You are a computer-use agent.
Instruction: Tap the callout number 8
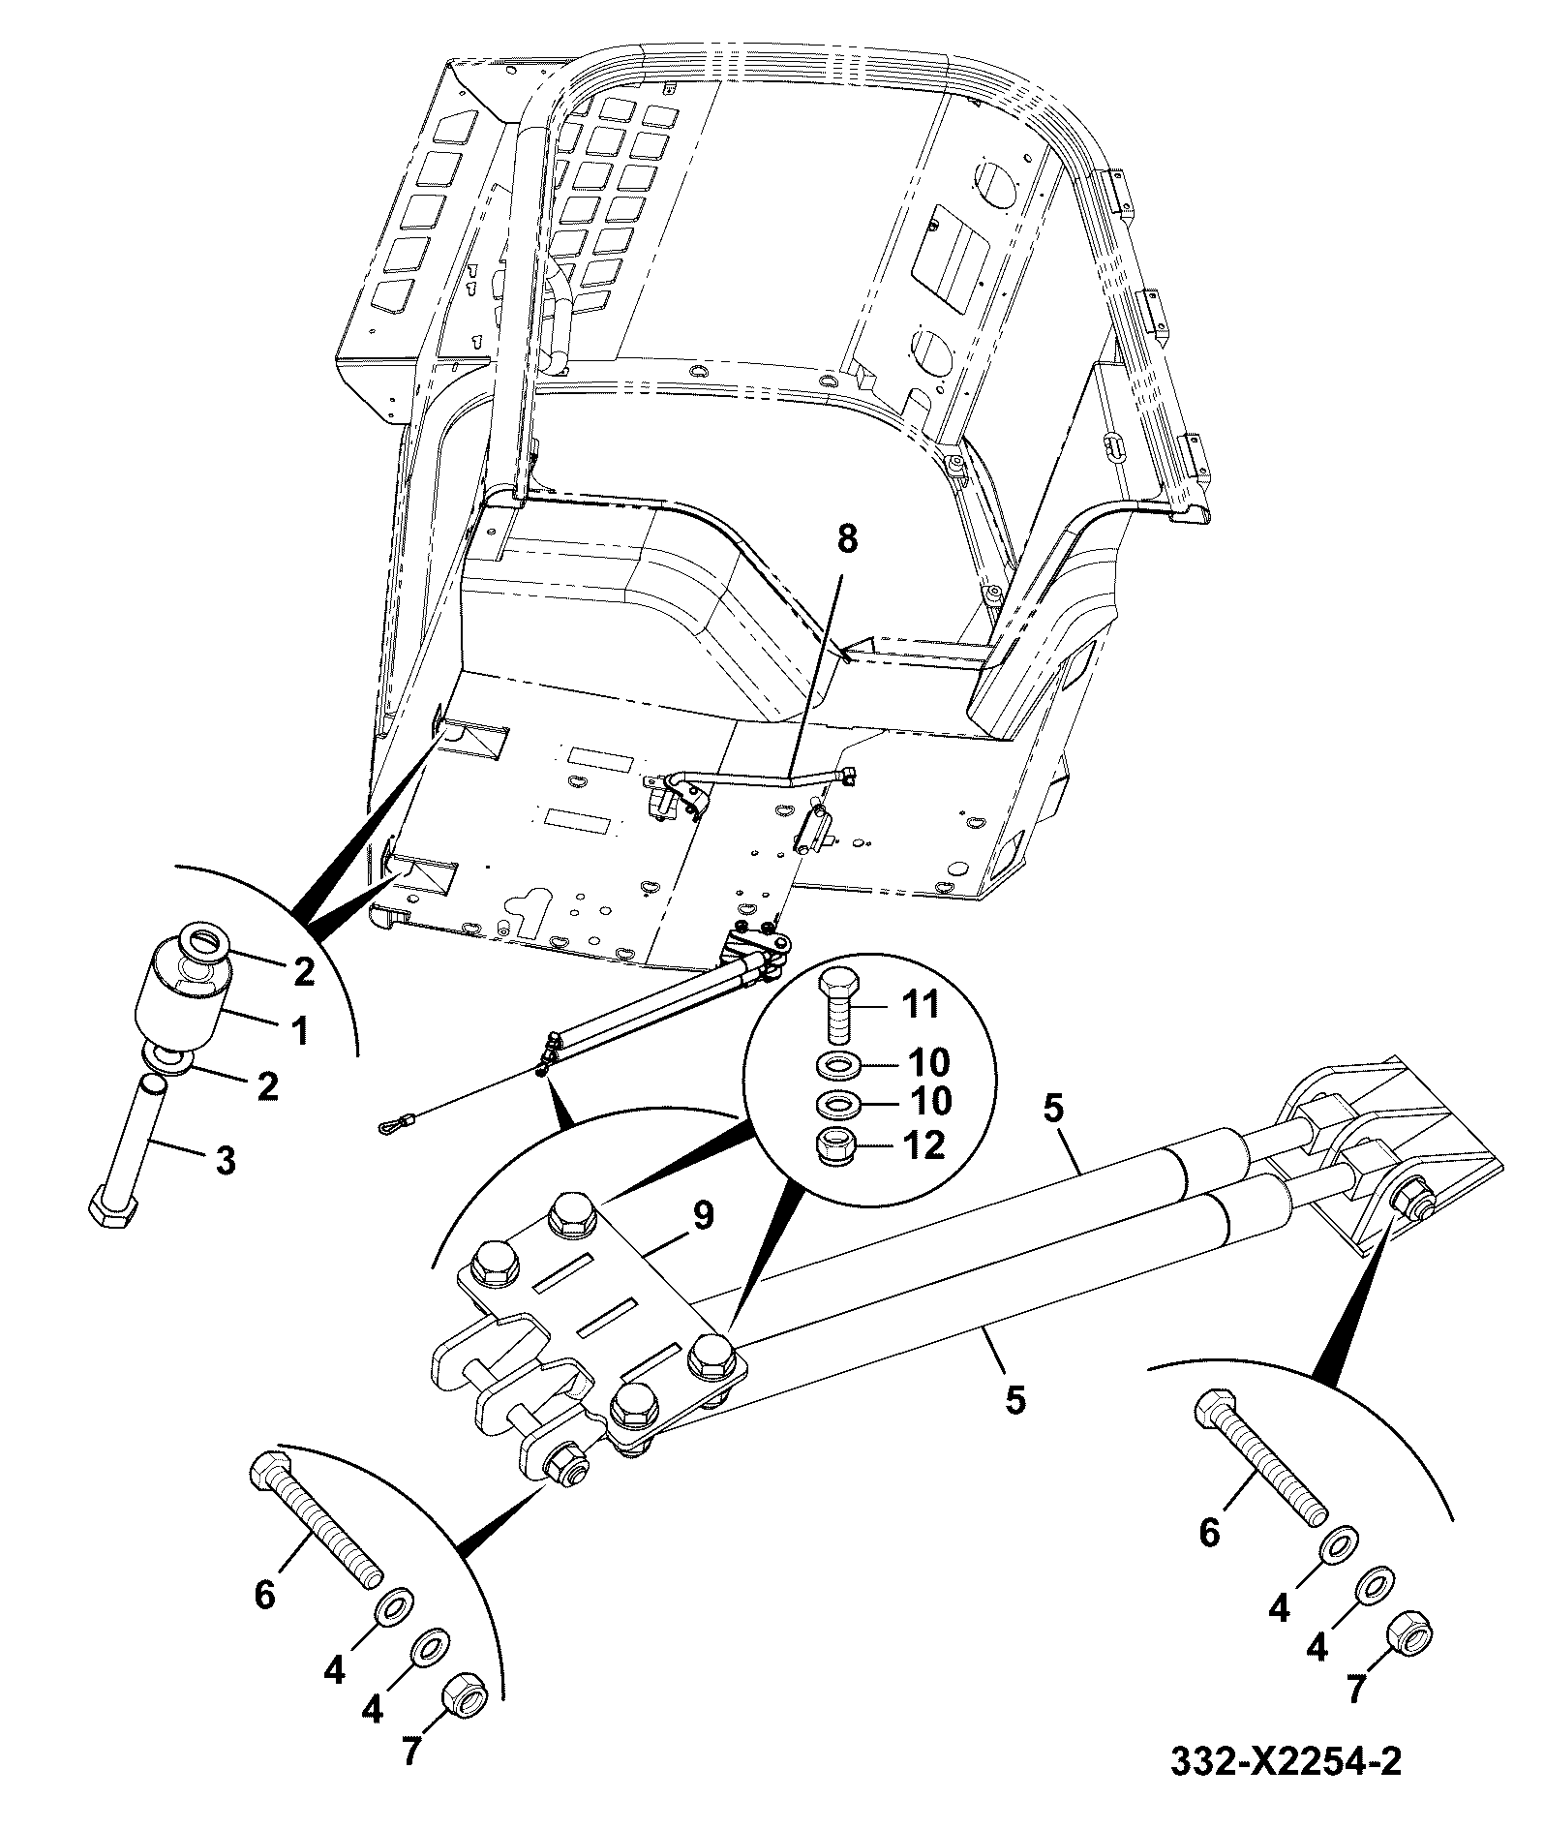tap(847, 540)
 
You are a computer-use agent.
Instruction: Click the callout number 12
tap(922, 1145)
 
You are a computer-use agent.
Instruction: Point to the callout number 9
tap(703, 1214)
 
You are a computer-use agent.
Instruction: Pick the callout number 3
tap(225, 1159)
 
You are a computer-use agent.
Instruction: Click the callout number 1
tap(300, 1029)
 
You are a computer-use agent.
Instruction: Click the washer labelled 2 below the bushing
tap(167, 1059)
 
